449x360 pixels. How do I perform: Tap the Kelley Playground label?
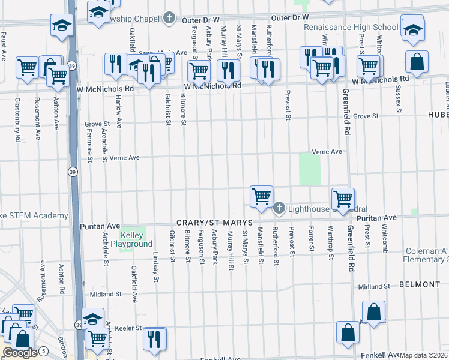point(131,240)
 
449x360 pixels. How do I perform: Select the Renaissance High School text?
point(351,27)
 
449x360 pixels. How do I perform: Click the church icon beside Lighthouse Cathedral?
point(279,208)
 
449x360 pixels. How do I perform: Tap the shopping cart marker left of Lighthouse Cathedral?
point(261,196)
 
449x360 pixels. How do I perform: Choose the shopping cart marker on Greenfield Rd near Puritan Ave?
point(343,198)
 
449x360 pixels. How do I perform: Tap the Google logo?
point(20,353)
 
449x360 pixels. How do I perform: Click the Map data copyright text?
point(424,355)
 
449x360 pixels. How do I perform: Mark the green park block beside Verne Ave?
point(310,169)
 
